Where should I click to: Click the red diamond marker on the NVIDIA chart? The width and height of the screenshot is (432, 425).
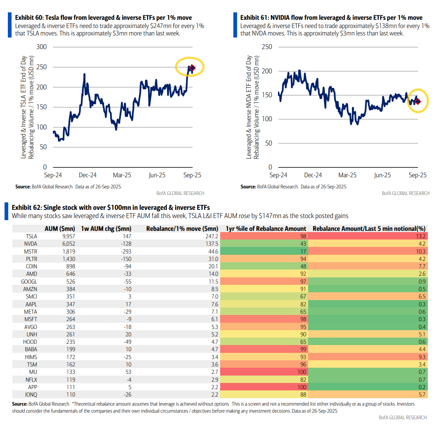coord(418,101)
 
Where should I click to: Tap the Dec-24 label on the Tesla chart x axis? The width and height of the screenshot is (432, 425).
coord(88,175)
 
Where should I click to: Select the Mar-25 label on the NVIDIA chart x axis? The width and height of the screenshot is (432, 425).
coord(347,175)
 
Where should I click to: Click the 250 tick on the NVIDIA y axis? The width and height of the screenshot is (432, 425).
coord(267,47)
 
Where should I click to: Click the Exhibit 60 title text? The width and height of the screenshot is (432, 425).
coord(103,18)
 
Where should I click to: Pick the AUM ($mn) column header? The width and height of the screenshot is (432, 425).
coord(59,229)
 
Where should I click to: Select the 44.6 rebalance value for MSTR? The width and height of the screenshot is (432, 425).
coord(212,252)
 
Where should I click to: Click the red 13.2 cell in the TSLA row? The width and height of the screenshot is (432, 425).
coord(420,237)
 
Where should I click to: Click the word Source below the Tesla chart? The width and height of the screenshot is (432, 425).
coord(23,187)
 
